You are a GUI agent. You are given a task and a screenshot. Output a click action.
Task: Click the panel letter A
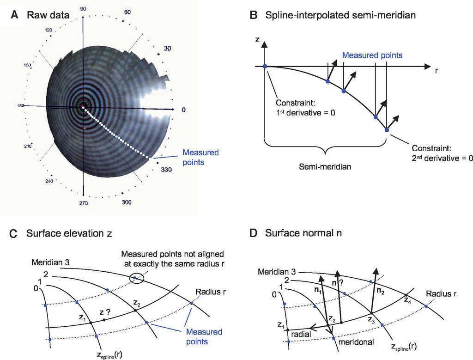pyautogui.click(x=15, y=15)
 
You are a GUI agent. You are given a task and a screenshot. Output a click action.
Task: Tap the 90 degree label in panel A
pyautogui.click(x=83, y=9)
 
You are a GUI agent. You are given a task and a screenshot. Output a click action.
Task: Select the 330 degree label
pyautogui.click(x=167, y=170)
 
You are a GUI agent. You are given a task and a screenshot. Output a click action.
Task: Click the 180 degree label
pyautogui.click(x=20, y=106)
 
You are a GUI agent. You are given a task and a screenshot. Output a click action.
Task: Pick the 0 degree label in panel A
pyautogui.click(x=183, y=110)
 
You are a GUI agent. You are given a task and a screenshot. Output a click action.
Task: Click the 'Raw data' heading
pyautogui.click(x=48, y=15)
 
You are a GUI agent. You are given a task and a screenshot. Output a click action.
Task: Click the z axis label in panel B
pyautogui.click(x=257, y=40)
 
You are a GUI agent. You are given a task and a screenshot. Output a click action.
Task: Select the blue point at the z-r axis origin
pyautogui.click(x=265, y=67)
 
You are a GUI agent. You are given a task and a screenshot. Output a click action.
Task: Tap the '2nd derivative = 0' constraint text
pyautogui.click(x=442, y=158)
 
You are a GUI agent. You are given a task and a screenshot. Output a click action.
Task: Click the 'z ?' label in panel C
pyautogui.click(x=108, y=312)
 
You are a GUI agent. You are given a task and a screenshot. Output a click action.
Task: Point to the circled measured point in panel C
pyautogui.click(x=134, y=278)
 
